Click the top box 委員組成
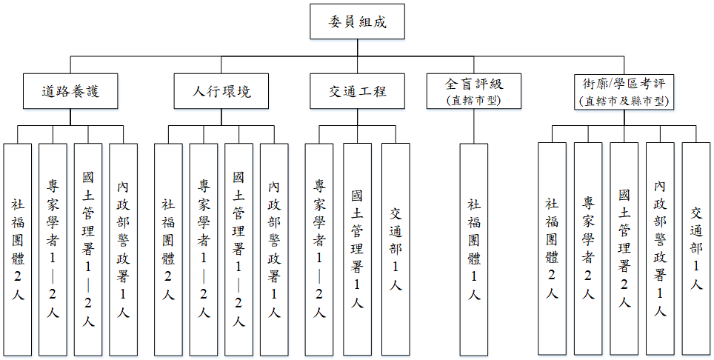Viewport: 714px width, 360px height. tap(358, 24)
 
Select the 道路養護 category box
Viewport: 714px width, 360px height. tap(70, 91)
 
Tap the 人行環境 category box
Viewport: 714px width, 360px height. tap(221, 91)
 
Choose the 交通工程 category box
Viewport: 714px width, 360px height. tap(358, 91)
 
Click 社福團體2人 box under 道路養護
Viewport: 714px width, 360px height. tap(17, 248)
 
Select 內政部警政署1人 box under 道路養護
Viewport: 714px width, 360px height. tap(123, 248)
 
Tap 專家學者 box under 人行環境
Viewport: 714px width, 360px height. tap(204, 248)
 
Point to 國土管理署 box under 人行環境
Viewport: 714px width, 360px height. tap(238, 248)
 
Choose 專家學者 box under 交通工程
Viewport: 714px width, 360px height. tap(319, 248)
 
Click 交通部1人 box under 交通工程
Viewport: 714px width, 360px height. tap(396, 248)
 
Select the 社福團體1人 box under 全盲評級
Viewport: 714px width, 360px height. tap(474, 248)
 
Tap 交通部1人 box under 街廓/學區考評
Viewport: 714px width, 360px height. tap(696, 248)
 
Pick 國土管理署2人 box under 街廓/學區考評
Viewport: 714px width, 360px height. tap(624, 248)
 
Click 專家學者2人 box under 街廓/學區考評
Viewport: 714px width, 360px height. tap(588, 248)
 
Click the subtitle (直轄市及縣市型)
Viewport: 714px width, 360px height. tap(624, 101)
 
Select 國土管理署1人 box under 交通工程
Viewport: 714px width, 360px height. tap(357, 248)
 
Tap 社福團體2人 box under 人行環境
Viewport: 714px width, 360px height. tap(168, 248)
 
